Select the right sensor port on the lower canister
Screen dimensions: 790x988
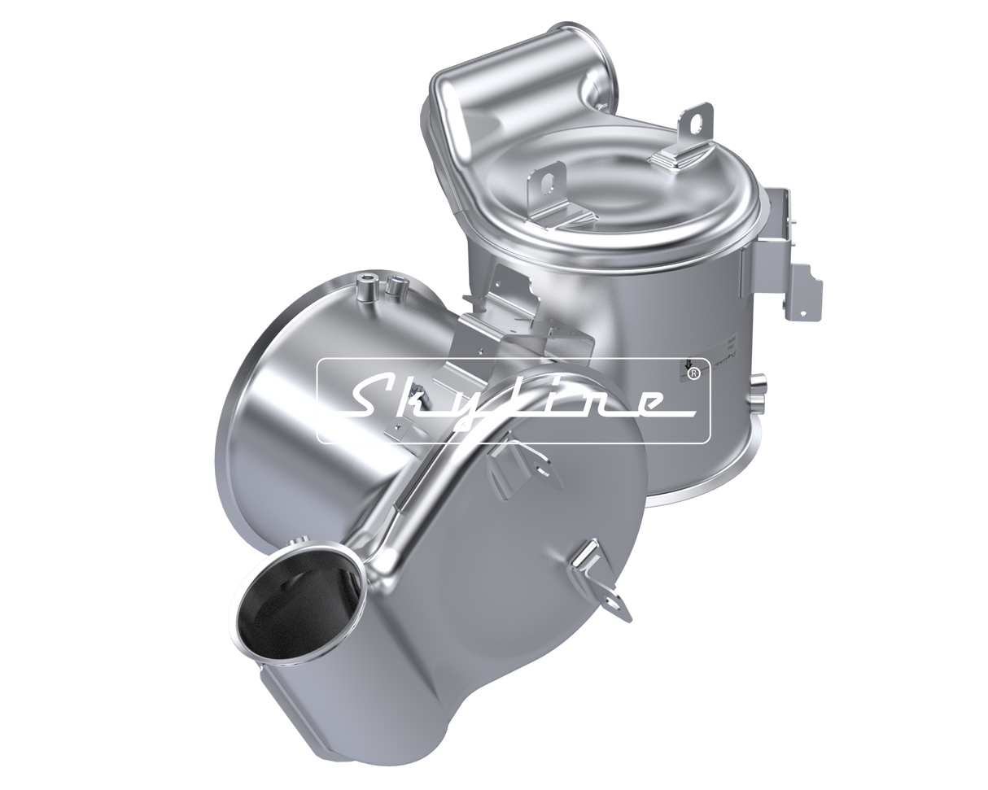[x=398, y=284]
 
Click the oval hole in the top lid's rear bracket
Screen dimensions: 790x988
[x=693, y=120]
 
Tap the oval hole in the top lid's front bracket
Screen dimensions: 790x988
[x=554, y=174]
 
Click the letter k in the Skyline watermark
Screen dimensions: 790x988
[x=423, y=399]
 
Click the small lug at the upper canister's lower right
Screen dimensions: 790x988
[x=758, y=382]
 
